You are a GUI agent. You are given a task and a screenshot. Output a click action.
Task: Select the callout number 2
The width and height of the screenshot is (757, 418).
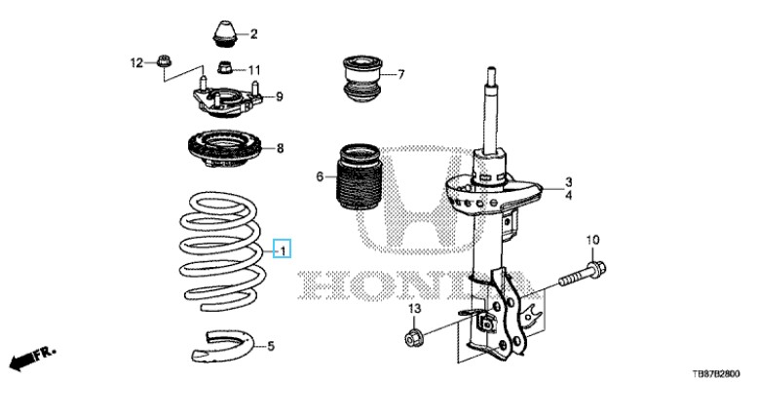[253, 35]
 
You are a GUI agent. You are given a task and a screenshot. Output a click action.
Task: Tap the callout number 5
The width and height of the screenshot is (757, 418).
[271, 346]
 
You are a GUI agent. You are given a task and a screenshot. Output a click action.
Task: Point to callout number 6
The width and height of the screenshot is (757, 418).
[319, 177]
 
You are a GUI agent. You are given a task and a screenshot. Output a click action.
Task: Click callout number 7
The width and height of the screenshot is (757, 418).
[400, 74]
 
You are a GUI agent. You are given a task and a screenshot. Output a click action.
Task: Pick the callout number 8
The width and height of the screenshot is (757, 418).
[280, 149]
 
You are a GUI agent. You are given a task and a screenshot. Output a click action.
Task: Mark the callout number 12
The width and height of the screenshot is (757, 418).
[137, 63]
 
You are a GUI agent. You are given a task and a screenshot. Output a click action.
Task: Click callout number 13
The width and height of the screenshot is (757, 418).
[413, 309]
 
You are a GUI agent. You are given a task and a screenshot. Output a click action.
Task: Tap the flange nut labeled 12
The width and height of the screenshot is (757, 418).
[164, 64]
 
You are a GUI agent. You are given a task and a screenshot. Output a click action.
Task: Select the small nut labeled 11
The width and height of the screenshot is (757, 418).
[224, 69]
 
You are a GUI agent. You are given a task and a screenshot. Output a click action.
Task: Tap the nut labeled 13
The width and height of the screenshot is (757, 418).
[413, 338]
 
